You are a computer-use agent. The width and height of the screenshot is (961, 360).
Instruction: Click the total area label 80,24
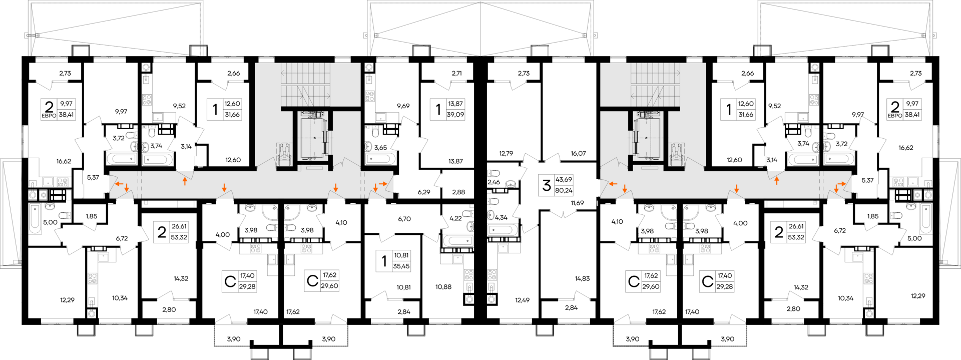click(x=564, y=191)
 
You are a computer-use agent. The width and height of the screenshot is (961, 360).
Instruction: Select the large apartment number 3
click(x=546, y=185)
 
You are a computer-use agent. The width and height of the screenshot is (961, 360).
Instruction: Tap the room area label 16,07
click(x=578, y=154)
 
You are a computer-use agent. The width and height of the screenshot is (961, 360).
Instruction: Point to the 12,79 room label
click(x=507, y=154)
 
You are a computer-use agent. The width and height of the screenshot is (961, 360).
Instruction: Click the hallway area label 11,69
click(x=577, y=203)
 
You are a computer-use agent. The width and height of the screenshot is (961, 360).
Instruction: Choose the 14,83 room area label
click(x=582, y=279)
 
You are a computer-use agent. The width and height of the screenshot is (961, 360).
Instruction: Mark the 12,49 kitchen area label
click(x=522, y=300)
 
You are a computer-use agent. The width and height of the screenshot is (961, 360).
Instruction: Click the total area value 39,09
click(x=455, y=115)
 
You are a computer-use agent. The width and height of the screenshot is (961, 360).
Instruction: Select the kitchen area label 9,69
click(x=403, y=106)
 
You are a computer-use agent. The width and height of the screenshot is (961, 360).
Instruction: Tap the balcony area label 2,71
click(x=456, y=74)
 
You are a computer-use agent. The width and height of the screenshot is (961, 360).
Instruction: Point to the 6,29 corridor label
click(x=424, y=192)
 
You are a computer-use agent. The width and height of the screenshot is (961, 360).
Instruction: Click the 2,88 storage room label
click(x=458, y=192)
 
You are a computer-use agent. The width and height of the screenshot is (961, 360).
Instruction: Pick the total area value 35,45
click(x=401, y=266)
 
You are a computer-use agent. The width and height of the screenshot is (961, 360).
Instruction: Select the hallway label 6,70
click(x=404, y=219)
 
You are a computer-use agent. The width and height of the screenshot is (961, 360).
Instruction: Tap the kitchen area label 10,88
click(x=443, y=287)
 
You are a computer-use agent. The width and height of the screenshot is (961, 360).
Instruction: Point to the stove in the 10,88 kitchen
click(x=468, y=275)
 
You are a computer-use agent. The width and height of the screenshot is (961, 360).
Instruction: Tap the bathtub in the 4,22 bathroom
click(x=457, y=241)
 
